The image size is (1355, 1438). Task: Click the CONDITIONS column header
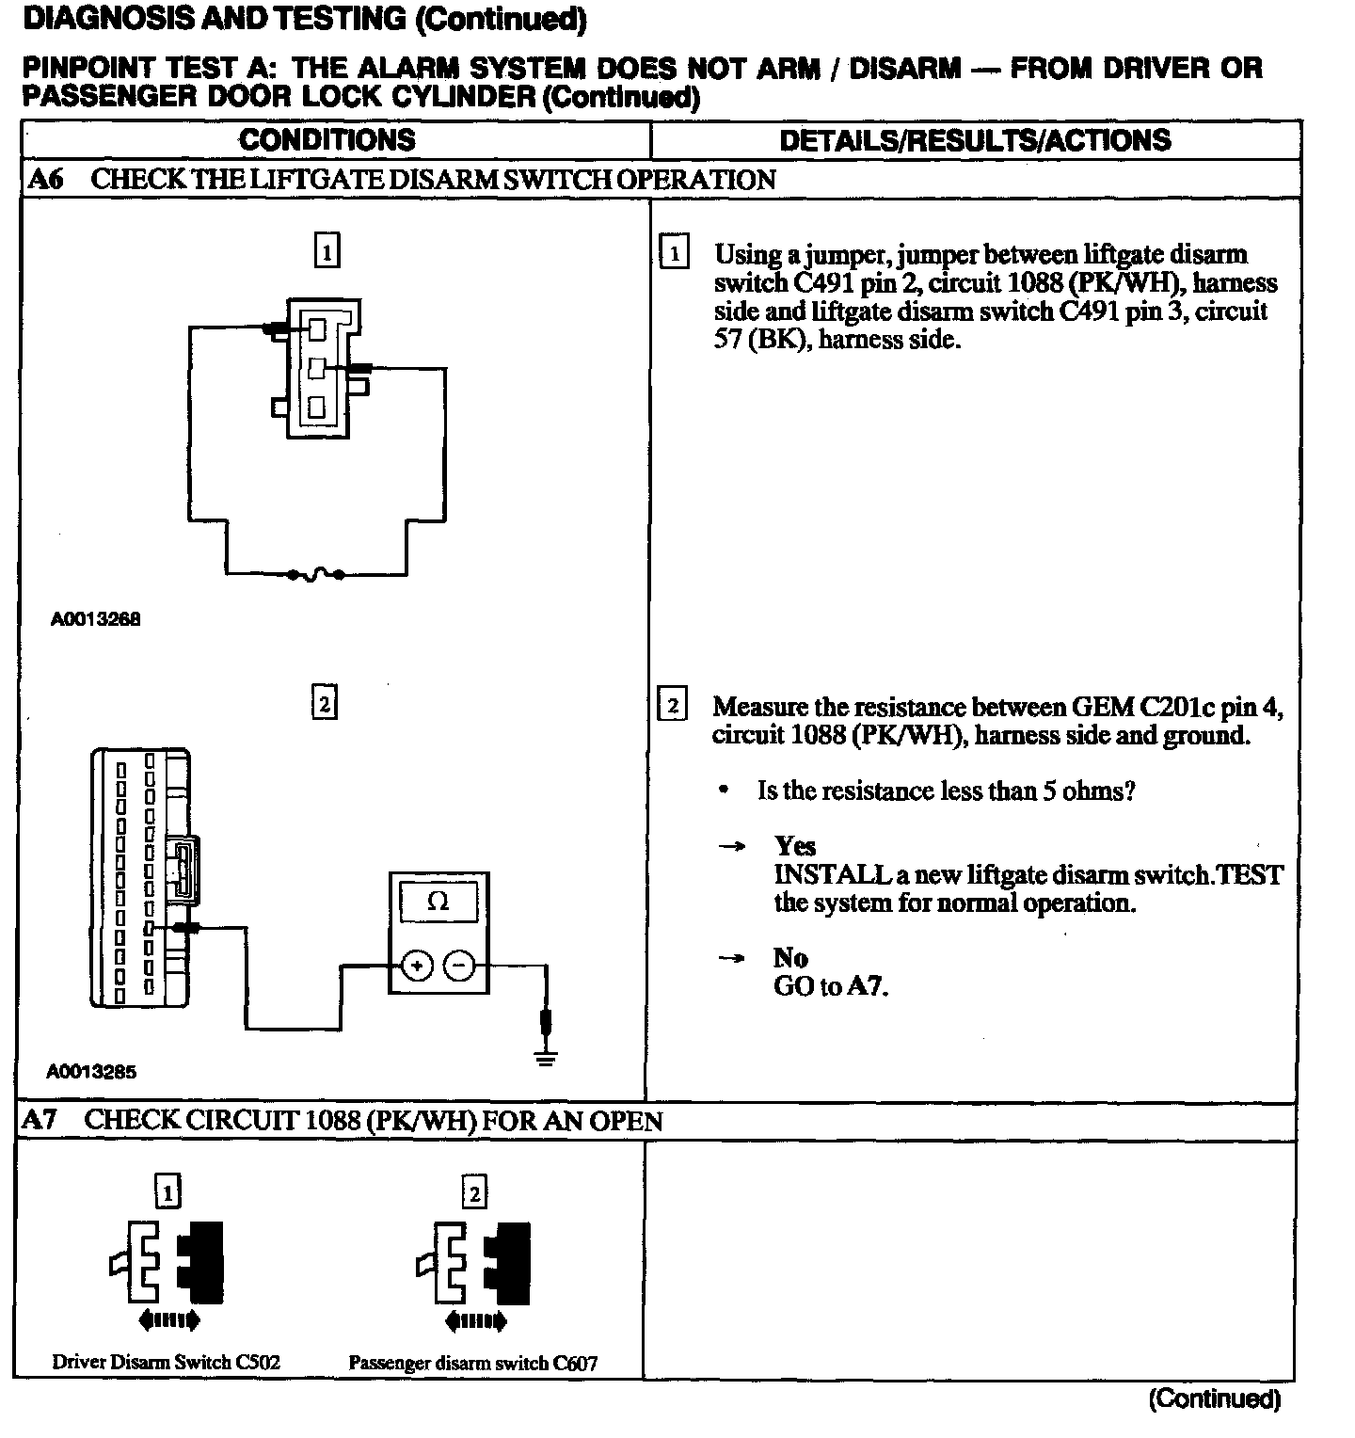click(x=327, y=140)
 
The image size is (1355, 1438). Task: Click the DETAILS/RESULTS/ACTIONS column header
click(x=975, y=140)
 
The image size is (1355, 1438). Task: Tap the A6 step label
click(x=46, y=180)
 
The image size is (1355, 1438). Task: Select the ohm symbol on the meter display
click(x=438, y=902)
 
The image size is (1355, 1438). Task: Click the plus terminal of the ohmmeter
click(x=418, y=966)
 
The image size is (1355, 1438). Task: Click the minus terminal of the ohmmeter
click(x=459, y=966)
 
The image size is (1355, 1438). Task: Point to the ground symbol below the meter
click(x=545, y=1055)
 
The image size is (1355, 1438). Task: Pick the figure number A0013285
click(x=92, y=1071)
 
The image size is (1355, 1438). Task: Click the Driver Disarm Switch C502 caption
click(x=166, y=1362)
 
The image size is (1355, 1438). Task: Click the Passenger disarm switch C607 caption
click(x=472, y=1363)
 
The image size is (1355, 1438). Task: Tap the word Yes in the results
click(x=795, y=846)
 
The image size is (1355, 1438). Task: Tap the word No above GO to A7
click(x=790, y=958)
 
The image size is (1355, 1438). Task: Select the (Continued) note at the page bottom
click(x=1214, y=1399)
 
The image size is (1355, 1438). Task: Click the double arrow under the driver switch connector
click(x=168, y=1321)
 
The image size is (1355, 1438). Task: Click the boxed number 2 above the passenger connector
click(x=474, y=1193)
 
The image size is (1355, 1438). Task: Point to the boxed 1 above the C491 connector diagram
click(x=327, y=251)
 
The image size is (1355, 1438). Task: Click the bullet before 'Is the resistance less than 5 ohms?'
click(x=723, y=791)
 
